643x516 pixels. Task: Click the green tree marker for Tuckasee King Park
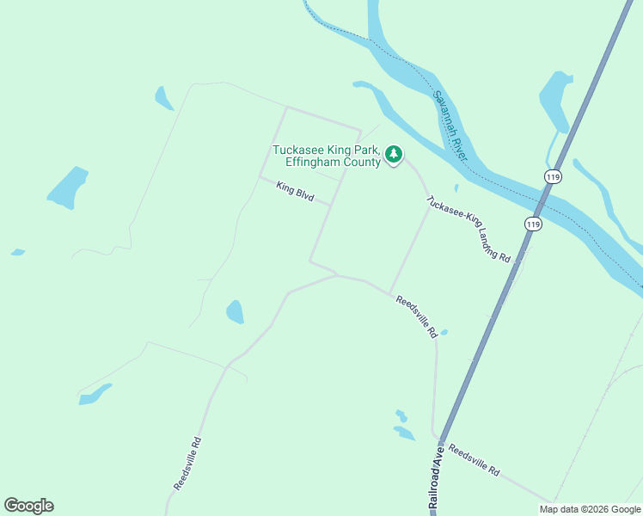[x=394, y=155]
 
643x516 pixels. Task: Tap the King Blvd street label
[x=295, y=190]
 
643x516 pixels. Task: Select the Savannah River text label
[x=450, y=126]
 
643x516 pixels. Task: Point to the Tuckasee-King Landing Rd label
[x=468, y=229]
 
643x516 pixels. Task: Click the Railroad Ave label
[x=436, y=480]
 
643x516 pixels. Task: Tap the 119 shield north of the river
[x=553, y=176]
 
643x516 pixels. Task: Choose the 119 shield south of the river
[x=533, y=224]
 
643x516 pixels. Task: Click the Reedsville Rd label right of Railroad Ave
[x=474, y=461]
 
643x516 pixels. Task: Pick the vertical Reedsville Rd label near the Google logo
[x=187, y=464]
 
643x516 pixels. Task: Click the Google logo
[x=28, y=506]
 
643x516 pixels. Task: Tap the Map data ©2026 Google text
[x=591, y=509]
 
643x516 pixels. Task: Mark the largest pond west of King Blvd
[x=67, y=187]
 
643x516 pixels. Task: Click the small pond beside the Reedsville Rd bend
[x=235, y=311]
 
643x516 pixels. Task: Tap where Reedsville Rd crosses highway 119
[x=441, y=437]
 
